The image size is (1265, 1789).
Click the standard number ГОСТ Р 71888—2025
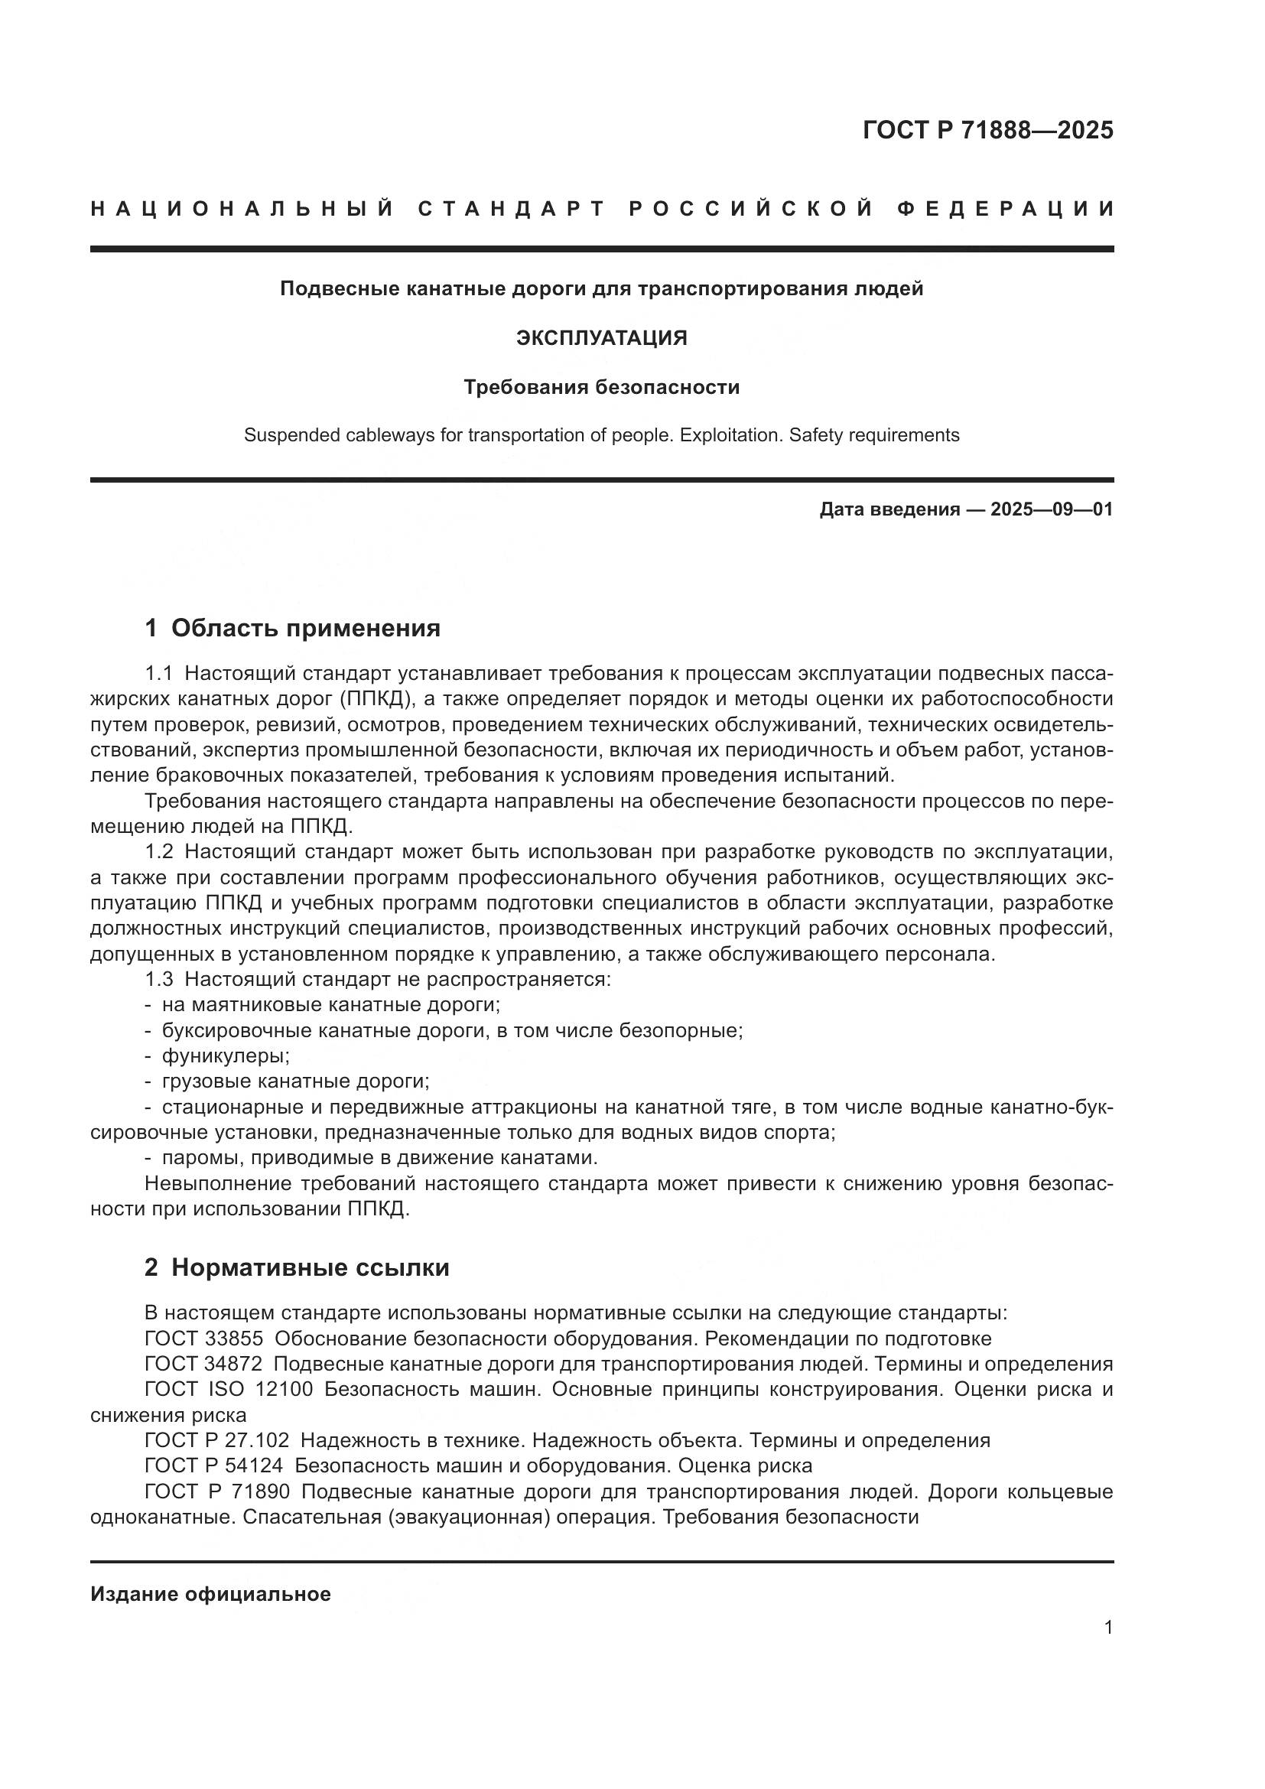click(987, 130)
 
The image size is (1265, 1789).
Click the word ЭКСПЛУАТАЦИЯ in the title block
click(601, 338)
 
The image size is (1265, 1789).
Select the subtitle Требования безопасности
click(601, 387)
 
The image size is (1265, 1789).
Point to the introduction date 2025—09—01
click(1051, 510)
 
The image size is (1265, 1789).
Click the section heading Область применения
click(305, 628)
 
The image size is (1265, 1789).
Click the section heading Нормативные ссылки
click(310, 1267)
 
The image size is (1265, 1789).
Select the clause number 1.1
click(159, 673)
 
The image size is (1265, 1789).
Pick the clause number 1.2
click(159, 851)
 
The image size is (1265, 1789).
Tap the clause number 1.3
click(159, 980)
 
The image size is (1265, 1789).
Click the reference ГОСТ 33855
click(203, 1339)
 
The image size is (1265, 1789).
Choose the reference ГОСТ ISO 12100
click(228, 1390)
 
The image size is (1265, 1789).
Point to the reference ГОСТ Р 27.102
click(216, 1441)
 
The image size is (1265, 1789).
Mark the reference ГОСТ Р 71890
click(216, 1492)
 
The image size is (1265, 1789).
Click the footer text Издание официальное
click(210, 1594)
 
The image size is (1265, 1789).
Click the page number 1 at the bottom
click(1107, 1628)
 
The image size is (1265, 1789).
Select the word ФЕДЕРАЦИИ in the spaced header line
click(1006, 209)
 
